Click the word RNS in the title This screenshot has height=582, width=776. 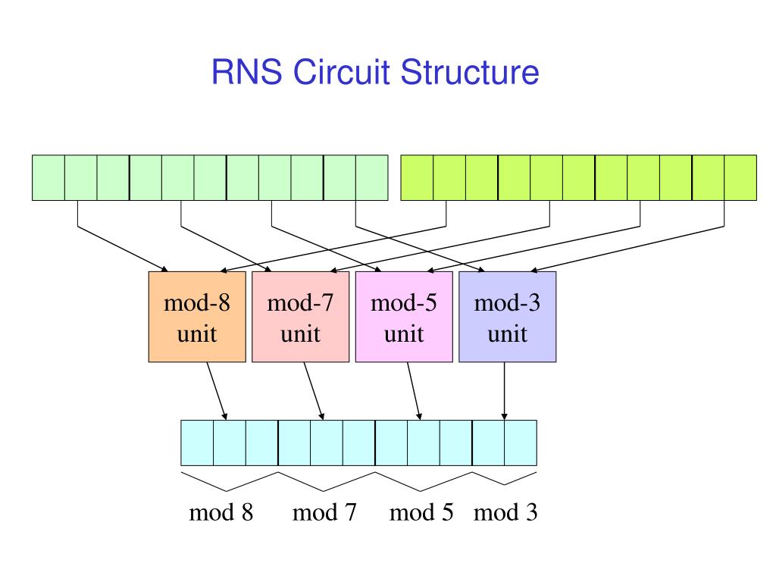click(246, 72)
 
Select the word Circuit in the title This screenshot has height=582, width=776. click(341, 72)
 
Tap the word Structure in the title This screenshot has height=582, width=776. click(469, 72)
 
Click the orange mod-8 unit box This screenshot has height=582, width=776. click(197, 317)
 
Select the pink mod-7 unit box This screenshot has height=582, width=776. click(300, 317)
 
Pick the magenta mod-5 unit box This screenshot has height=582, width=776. click(404, 317)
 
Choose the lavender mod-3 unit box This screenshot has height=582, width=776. click(507, 317)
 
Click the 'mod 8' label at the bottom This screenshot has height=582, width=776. click(221, 512)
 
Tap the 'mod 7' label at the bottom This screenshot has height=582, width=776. click(324, 512)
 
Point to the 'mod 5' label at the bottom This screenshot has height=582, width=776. click(421, 512)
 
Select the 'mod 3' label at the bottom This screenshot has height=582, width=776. click(505, 512)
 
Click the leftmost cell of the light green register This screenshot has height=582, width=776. click(48, 177)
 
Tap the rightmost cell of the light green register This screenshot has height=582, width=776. click(371, 177)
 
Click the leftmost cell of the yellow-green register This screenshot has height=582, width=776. click(417, 177)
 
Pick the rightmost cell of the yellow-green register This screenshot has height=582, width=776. click(740, 177)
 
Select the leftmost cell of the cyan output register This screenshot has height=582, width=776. click(197, 443)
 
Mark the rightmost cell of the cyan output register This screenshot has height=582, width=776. click(521, 443)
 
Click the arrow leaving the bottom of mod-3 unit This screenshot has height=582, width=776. click(504, 391)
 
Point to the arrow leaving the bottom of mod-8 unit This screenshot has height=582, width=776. click(217, 391)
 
